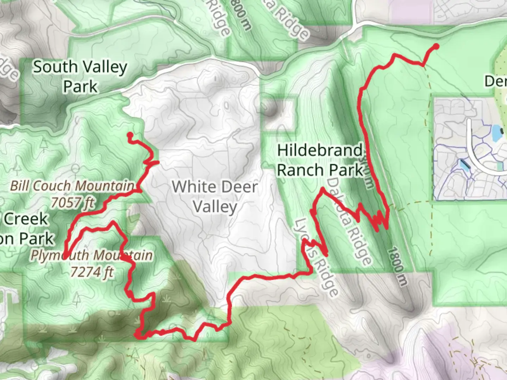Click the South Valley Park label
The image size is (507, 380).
pos(80,76)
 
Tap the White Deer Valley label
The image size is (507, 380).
pos(215,196)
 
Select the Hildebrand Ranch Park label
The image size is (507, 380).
pos(320,160)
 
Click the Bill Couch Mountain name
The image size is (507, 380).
pos(72,186)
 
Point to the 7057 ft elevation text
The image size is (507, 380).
pos(73,203)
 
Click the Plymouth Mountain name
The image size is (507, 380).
pos(92,255)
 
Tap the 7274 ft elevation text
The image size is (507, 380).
pos(92,272)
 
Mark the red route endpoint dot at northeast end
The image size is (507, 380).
pos(436,46)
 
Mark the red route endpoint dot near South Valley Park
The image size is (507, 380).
pos(130,135)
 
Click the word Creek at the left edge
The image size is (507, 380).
pos(25,219)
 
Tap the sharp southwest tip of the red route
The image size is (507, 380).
pos(65,257)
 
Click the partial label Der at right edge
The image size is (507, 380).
pos(495,81)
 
